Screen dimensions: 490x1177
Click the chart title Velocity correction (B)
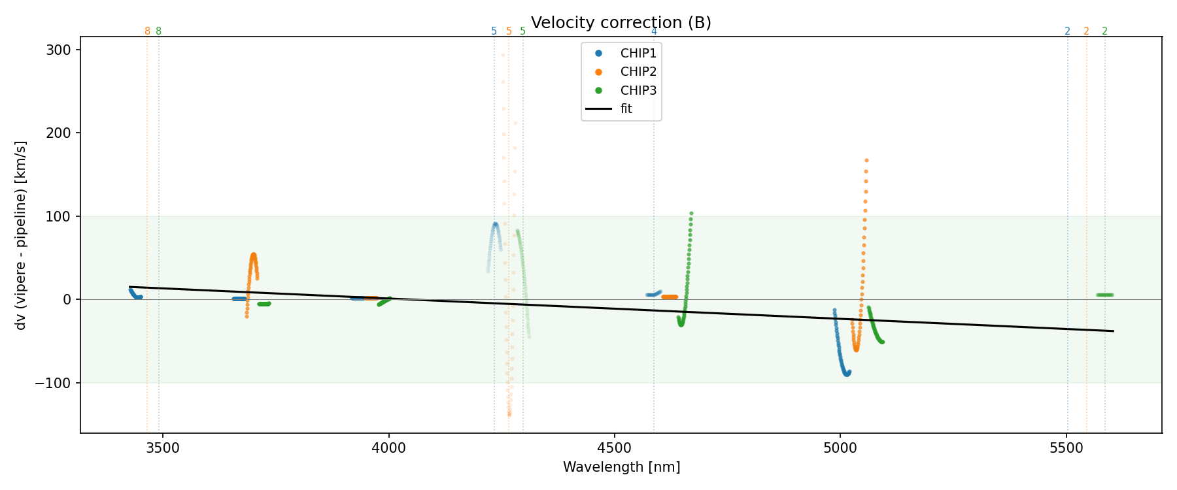point(621,23)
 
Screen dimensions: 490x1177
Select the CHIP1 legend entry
point(638,54)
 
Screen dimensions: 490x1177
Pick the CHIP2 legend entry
point(638,72)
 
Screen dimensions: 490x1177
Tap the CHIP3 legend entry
point(638,91)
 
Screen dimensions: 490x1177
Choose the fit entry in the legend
point(626,109)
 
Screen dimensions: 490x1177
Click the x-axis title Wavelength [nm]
point(621,467)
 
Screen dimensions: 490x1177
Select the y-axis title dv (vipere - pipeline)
point(21,235)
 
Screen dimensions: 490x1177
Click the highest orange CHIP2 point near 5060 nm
point(866,160)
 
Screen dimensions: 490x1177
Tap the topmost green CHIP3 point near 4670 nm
point(691,213)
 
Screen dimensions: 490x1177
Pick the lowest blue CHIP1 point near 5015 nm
point(847,374)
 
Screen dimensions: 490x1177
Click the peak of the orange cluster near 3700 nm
point(254,255)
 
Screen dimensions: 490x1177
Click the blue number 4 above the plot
point(654,31)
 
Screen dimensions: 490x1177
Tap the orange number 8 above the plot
point(147,31)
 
